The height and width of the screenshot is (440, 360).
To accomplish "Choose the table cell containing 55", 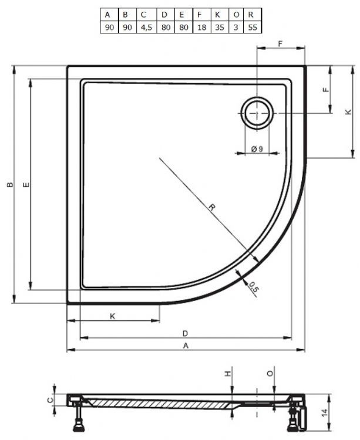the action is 251,26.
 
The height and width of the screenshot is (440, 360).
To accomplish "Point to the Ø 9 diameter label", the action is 257,148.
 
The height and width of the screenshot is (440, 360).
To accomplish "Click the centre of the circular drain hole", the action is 257,113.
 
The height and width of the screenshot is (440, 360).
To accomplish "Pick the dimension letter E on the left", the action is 26,185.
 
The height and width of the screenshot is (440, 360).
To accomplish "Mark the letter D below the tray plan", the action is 185,333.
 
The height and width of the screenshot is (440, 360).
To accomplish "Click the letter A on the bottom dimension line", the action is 186,346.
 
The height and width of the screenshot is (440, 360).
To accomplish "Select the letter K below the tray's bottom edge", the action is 112,316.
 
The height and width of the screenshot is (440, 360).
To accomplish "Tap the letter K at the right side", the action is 348,111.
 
